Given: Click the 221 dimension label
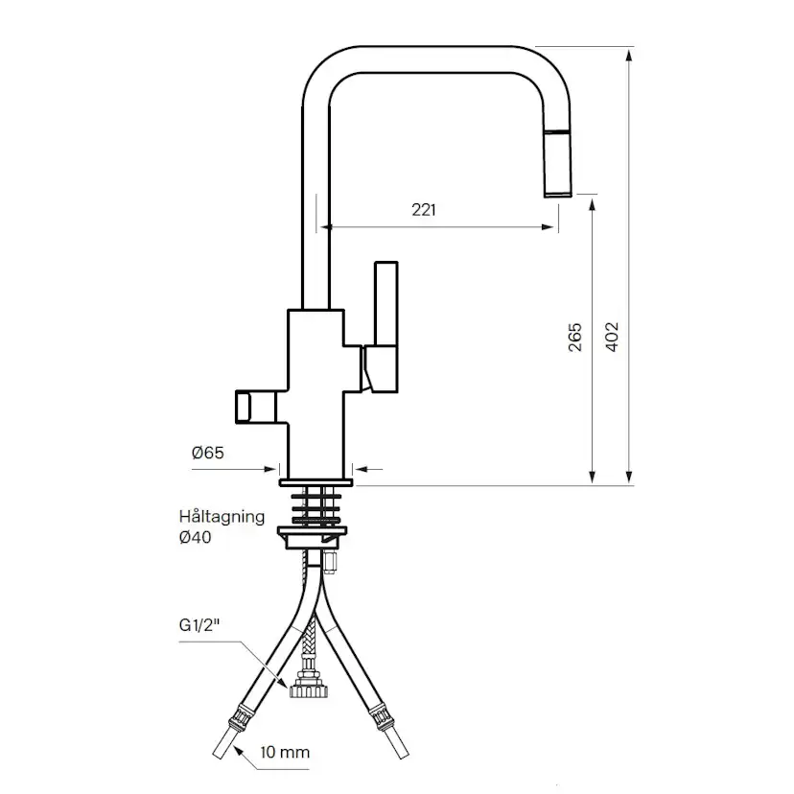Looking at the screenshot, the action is [423, 210].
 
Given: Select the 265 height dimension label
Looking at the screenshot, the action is [574, 338].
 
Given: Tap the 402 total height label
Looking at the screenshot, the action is [612, 337].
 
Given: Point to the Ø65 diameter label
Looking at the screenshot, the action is [208, 453].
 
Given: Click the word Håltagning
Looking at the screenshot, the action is [222, 517].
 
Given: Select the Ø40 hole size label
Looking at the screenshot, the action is [195, 537].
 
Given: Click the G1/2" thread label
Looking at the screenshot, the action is [199, 625].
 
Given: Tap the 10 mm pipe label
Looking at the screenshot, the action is [285, 753].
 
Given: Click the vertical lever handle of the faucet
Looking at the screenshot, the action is [385, 304].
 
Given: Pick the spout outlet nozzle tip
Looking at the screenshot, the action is [558, 194].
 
